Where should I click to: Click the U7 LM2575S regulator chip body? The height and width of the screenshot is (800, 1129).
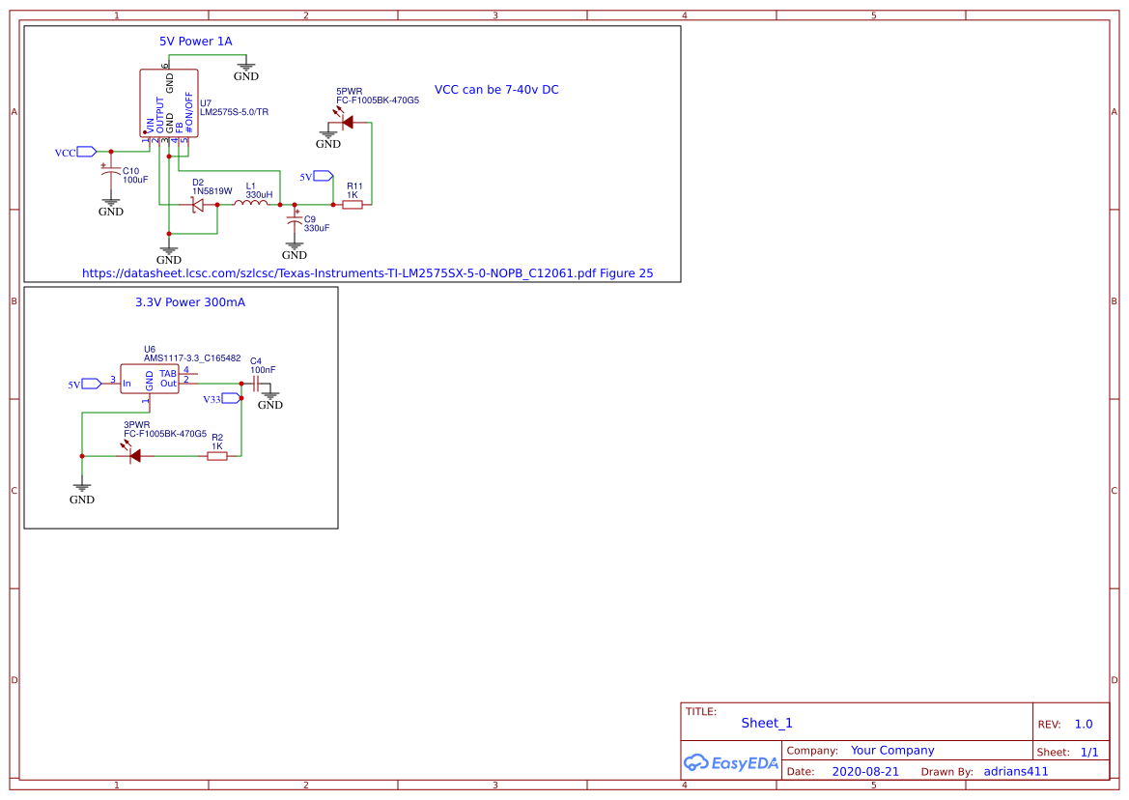click(x=169, y=102)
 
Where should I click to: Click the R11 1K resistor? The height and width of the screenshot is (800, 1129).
click(x=353, y=204)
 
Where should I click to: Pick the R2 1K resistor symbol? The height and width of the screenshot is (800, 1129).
click(x=217, y=456)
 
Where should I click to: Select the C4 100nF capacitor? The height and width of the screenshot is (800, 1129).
click(x=256, y=384)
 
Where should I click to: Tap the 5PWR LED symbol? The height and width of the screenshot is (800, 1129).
click(x=346, y=122)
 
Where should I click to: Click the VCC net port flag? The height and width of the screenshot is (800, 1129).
click(x=86, y=152)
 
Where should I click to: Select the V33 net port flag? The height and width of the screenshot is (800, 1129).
click(x=230, y=398)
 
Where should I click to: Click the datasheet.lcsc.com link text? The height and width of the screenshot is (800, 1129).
click(x=367, y=273)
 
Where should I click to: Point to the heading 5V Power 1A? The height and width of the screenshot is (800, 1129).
click(x=195, y=42)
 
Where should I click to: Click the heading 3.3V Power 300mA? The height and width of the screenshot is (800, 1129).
click(x=189, y=302)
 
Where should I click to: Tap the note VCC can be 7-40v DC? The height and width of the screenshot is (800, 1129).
click(x=496, y=90)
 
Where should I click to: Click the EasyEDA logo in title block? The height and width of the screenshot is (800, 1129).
click(x=730, y=762)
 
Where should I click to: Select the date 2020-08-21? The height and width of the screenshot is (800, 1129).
click(x=865, y=772)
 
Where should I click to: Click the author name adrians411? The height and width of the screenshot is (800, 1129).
click(x=1015, y=772)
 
